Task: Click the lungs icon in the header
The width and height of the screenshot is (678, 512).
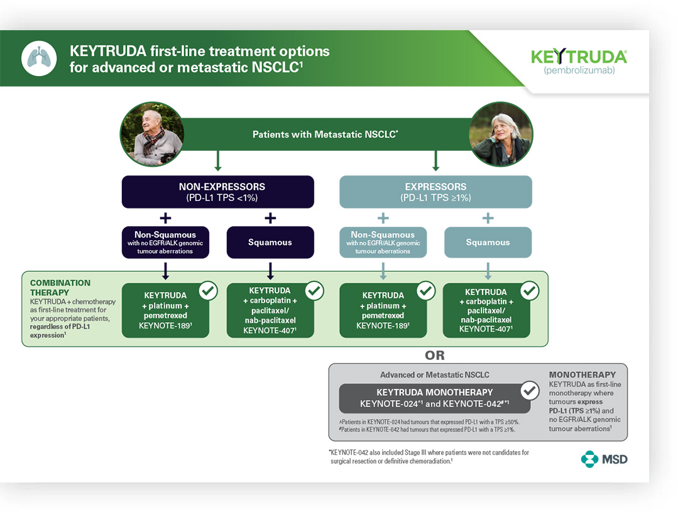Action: point(39,58)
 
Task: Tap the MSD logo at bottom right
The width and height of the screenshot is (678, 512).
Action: point(604,459)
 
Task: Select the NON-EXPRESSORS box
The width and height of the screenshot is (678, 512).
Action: point(217,192)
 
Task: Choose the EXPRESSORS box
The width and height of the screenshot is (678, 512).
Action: point(435,192)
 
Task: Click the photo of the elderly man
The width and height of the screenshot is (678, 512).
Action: point(151,134)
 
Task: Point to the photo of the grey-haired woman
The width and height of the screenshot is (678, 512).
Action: point(501,134)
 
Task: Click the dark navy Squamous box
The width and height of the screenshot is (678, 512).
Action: point(270,242)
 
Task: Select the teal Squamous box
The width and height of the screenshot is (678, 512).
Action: point(488,242)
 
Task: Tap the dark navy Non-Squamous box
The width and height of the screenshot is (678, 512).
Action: point(165,242)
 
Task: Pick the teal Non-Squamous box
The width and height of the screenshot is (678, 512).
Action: point(383,242)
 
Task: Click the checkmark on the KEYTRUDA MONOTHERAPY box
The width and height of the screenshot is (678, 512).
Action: point(530,391)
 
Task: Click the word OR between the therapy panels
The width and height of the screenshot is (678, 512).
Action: point(435,356)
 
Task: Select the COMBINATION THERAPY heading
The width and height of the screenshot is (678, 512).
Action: point(60,288)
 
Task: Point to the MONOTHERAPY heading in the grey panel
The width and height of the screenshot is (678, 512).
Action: point(582,375)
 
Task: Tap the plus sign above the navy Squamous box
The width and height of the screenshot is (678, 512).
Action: point(270,218)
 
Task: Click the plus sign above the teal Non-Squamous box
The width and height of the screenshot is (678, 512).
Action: point(383,218)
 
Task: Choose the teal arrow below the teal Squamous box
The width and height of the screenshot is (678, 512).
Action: point(488,271)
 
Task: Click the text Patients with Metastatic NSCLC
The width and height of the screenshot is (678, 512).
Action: point(325,134)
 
